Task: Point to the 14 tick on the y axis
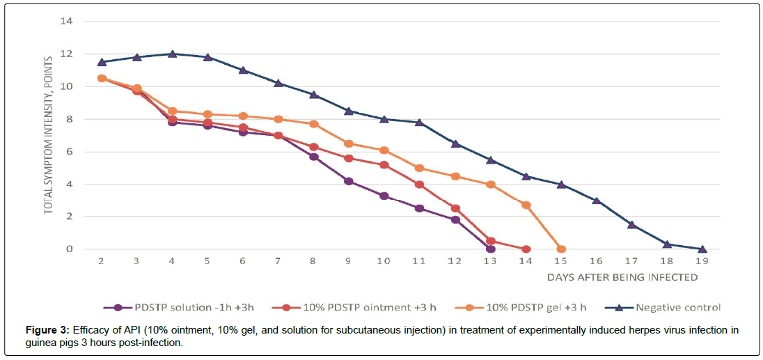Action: pos(67,22)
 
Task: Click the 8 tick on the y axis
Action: pos(70,119)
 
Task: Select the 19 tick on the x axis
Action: pos(702,260)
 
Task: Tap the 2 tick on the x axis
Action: pos(102,260)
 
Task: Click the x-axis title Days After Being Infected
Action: pos(622,277)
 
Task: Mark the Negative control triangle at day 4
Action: pos(173,54)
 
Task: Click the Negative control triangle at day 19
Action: pos(702,249)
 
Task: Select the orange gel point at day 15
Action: pos(561,249)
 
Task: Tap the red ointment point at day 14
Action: pos(526,249)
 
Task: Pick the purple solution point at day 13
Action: pos(490,249)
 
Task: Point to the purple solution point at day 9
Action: pos(349,181)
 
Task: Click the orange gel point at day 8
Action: pos(313,124)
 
